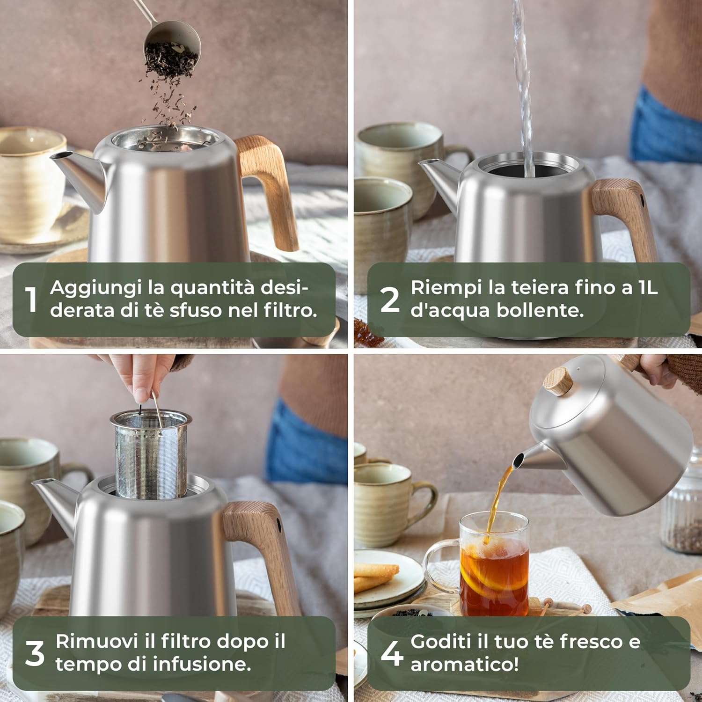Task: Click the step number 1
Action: pyautogui.click(x=31, y=300)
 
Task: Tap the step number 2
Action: pyautogui.click(x=390, y=300)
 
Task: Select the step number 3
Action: pyautogui.click(x=35, y=653)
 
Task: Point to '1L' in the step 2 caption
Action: pyautogui.click(x=648, y=288)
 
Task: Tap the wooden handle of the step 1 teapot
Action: pyautogui.click(x=271, y=187)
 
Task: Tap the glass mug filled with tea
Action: pyautogui.click(x=491, y=566)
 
